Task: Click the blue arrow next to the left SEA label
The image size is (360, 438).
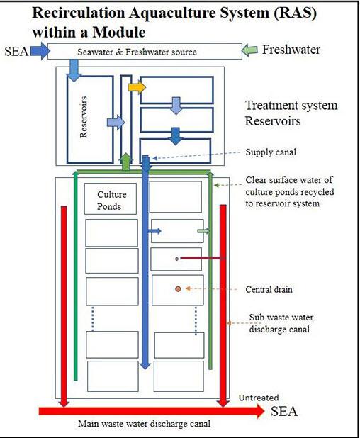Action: coord(40,51)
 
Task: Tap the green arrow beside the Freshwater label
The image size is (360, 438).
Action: coord(249,50)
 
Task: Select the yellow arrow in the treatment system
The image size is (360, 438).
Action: coord(137,87)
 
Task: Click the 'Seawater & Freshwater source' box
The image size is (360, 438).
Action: coord(145,51)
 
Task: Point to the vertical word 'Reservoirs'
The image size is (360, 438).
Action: coord(84,117)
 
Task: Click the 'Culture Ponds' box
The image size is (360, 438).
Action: coord(111,199)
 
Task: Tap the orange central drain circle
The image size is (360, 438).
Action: coord(178,289)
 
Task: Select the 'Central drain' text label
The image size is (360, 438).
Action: coord(269,289)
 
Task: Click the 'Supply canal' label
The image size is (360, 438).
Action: coord(271,152)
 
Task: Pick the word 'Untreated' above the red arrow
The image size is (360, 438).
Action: coord(259,398)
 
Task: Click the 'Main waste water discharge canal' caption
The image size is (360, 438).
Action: coord(144,424)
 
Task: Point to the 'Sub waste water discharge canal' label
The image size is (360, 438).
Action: coord(280,323)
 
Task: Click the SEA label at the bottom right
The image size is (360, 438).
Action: coord(284,412)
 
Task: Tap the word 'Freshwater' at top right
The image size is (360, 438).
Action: coord(291,50)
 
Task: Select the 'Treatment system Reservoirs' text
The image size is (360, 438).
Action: coord(291,113)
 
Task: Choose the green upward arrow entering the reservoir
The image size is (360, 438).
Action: coord(125,162)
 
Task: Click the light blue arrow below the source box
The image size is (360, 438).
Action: coord(74,70)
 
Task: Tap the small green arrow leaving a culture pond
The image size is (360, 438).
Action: coord(203,231)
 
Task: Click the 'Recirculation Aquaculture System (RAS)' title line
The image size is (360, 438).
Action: coord(174,13)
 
